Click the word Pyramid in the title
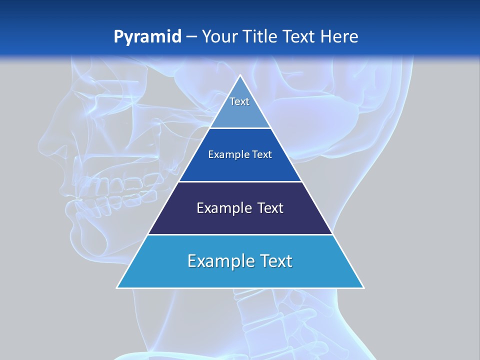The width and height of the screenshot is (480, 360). [147, 37]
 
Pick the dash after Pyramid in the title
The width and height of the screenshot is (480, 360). [191, 37]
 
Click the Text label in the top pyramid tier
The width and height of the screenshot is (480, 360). [239, 101]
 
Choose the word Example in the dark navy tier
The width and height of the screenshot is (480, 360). [219, 208]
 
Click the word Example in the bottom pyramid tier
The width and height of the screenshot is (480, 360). [214, 261]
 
